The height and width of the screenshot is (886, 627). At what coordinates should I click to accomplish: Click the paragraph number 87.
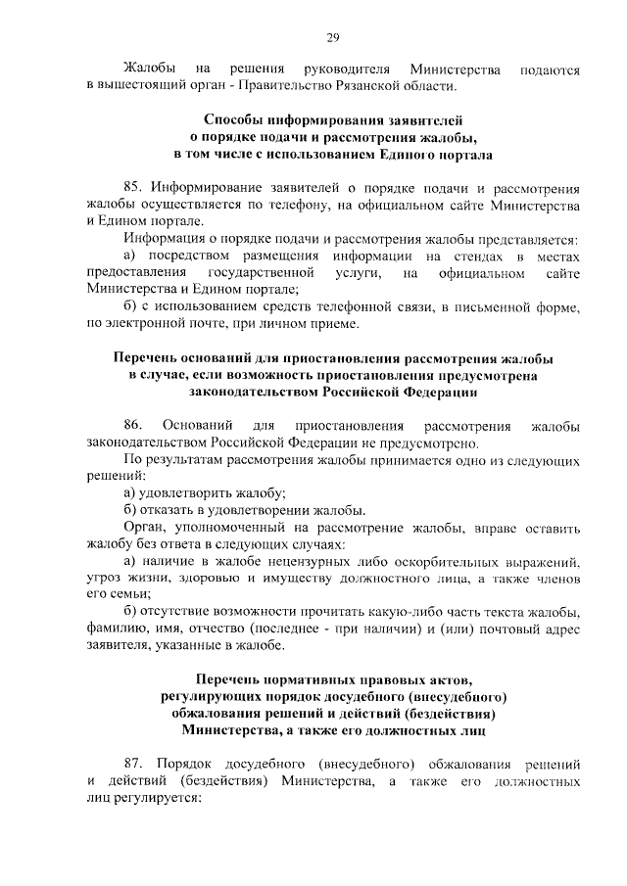pyautogui.click(x=132, y=764)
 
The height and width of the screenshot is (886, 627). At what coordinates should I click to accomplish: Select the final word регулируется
pyautogui.click(x=161, y=798)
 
